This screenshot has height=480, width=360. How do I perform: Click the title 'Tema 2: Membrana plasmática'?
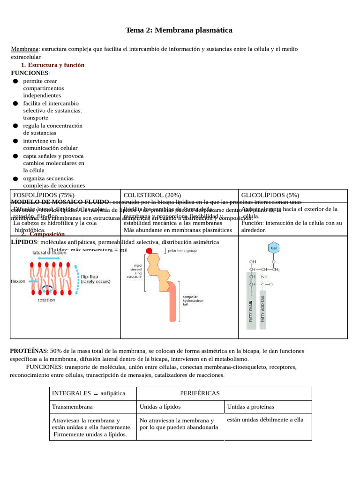[x=179, y=30]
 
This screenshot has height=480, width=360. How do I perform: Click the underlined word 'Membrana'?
[x=24, y=49]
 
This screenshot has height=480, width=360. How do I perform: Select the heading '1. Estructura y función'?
[x=52, y=65]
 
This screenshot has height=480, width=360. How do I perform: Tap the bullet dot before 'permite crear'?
[x=15, y=81]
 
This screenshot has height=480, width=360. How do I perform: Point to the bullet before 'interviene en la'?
[x=15, y=141]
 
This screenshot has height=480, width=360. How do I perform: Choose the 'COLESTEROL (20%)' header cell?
[x=152, y=195]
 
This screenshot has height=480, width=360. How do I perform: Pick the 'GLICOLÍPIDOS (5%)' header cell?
[x=270, y=195]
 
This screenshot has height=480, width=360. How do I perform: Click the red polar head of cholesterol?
[x=149, y=251]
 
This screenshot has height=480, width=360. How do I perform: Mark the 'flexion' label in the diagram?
[x=18, y=282]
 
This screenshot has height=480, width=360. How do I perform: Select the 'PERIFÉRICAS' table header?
[x=200, y=393]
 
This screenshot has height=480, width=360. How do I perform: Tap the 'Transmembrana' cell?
[x=72, y=407]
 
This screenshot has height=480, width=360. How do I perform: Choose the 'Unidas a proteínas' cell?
[x=250, y=407]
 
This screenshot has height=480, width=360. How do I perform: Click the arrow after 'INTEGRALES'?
[x=95, y=394]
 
